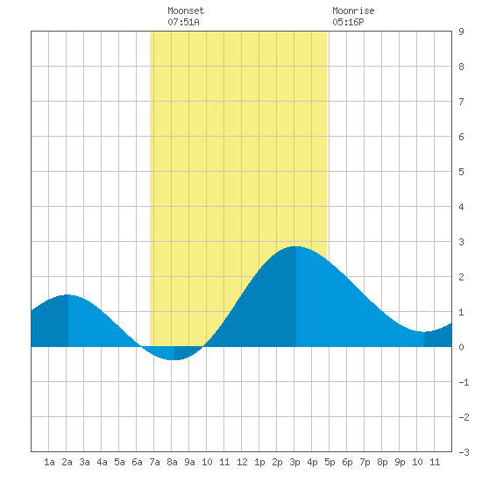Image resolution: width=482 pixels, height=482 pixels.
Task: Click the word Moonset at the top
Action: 186,11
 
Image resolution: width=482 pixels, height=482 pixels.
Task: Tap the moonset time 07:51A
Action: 183,22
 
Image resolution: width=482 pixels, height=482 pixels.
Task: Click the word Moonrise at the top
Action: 353,11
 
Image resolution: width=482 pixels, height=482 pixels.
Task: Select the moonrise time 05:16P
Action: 348,22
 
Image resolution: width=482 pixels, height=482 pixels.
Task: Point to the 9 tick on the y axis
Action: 461,32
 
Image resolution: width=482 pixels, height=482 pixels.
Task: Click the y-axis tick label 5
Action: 461,172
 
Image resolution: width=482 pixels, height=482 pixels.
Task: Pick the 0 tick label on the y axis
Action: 461,347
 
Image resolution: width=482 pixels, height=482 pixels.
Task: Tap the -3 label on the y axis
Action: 464,452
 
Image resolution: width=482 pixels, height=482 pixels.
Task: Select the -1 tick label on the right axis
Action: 464,382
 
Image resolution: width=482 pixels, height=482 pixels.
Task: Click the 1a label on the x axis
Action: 49,462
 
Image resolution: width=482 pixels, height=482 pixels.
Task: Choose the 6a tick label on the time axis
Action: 137,462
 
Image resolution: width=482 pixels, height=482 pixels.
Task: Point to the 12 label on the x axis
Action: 242,462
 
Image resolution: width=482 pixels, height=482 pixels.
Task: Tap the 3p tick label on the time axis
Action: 294,462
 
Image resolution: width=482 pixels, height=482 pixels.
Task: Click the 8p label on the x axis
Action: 382,462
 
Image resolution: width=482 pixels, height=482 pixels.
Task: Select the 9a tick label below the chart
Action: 189,462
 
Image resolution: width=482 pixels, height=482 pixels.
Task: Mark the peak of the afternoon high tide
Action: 295,246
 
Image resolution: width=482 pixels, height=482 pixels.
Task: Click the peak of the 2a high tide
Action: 68,294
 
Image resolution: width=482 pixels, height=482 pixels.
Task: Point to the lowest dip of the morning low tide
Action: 174,359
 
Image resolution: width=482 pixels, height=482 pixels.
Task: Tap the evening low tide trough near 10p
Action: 424,332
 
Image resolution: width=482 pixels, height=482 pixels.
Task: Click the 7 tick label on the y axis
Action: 461,102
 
